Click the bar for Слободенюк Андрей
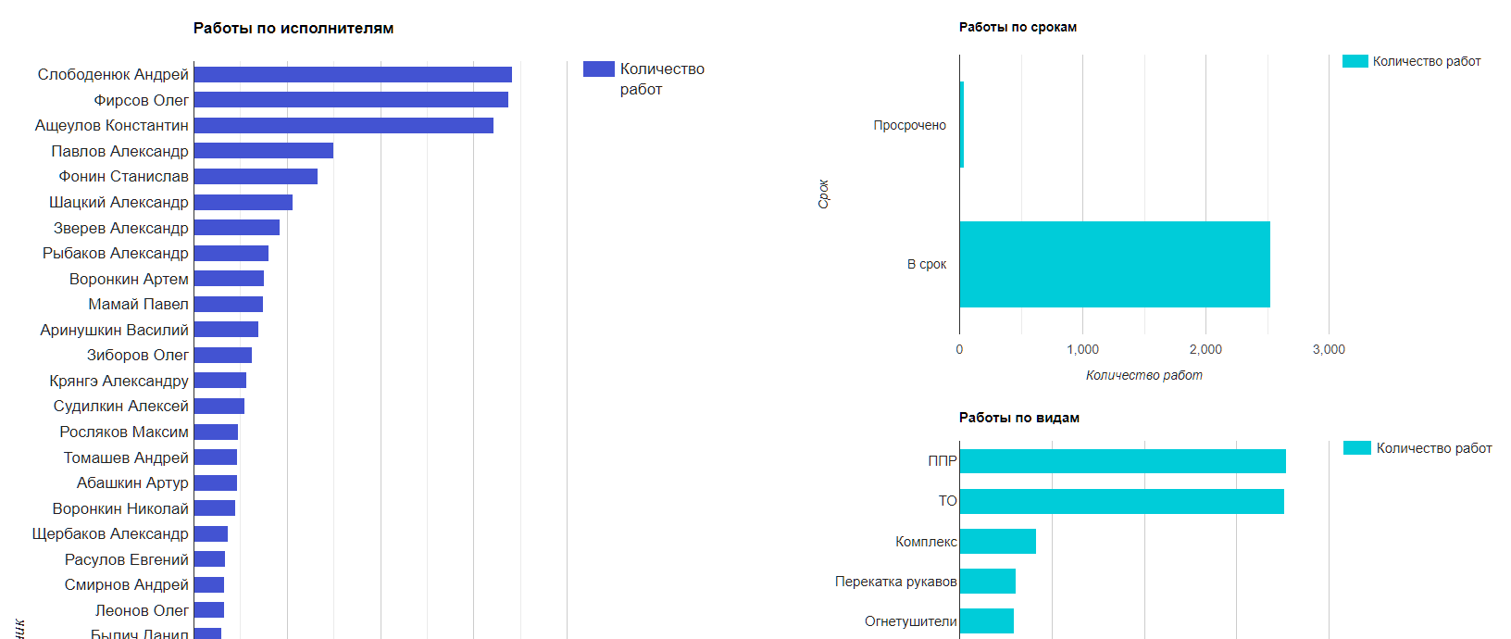[x=352, y=74]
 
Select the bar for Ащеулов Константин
[x=343, y=125]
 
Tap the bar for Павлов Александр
[x=263, y=151]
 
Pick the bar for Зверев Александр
[x=236, y=228]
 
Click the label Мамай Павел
[x=138, y=304]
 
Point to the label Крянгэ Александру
[x=119, y=381]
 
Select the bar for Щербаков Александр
[x=210, y=533]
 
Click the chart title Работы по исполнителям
[x=293, y=28]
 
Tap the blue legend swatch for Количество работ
[x=598, y=69]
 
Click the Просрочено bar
[x=962, y=125]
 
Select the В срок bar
[x=1114, y=264]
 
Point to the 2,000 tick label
[x=1205, y=349]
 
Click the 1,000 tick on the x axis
[x=1082, y=349]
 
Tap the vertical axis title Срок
[x=823, y=194]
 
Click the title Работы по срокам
[x=1018, y=27]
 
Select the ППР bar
[x=1122, y=461]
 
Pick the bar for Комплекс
[x=997, y=542]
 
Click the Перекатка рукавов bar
[x=987, y=582]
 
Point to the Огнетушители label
[x=910, y=621]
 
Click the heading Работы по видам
[x=1018, y=418]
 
